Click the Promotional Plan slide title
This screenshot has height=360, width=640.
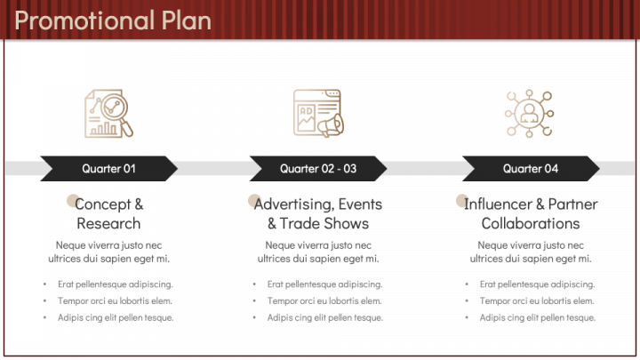[113, 20]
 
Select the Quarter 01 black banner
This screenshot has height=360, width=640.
[108, 168]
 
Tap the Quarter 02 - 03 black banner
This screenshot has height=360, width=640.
[318, 168]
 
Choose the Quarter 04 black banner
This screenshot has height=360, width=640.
[531, 168]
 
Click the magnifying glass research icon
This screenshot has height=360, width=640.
[108, 114]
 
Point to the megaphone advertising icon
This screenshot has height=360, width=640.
[318, 114]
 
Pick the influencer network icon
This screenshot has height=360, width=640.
[530, 114]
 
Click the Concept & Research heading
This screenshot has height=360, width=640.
[108, 213]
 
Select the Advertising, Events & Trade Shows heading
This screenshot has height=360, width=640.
[318, 213]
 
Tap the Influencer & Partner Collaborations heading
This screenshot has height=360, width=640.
[531, 213]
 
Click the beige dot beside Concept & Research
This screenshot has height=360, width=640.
[74, 201]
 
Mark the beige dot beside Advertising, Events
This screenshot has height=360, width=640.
[254, 201]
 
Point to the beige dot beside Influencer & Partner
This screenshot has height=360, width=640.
[462, 201]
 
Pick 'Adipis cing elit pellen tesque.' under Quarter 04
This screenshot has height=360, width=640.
[538, 317]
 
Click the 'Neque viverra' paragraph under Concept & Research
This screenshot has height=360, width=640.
[108, 252]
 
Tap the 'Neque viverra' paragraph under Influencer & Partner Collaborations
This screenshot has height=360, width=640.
[531, 252]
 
